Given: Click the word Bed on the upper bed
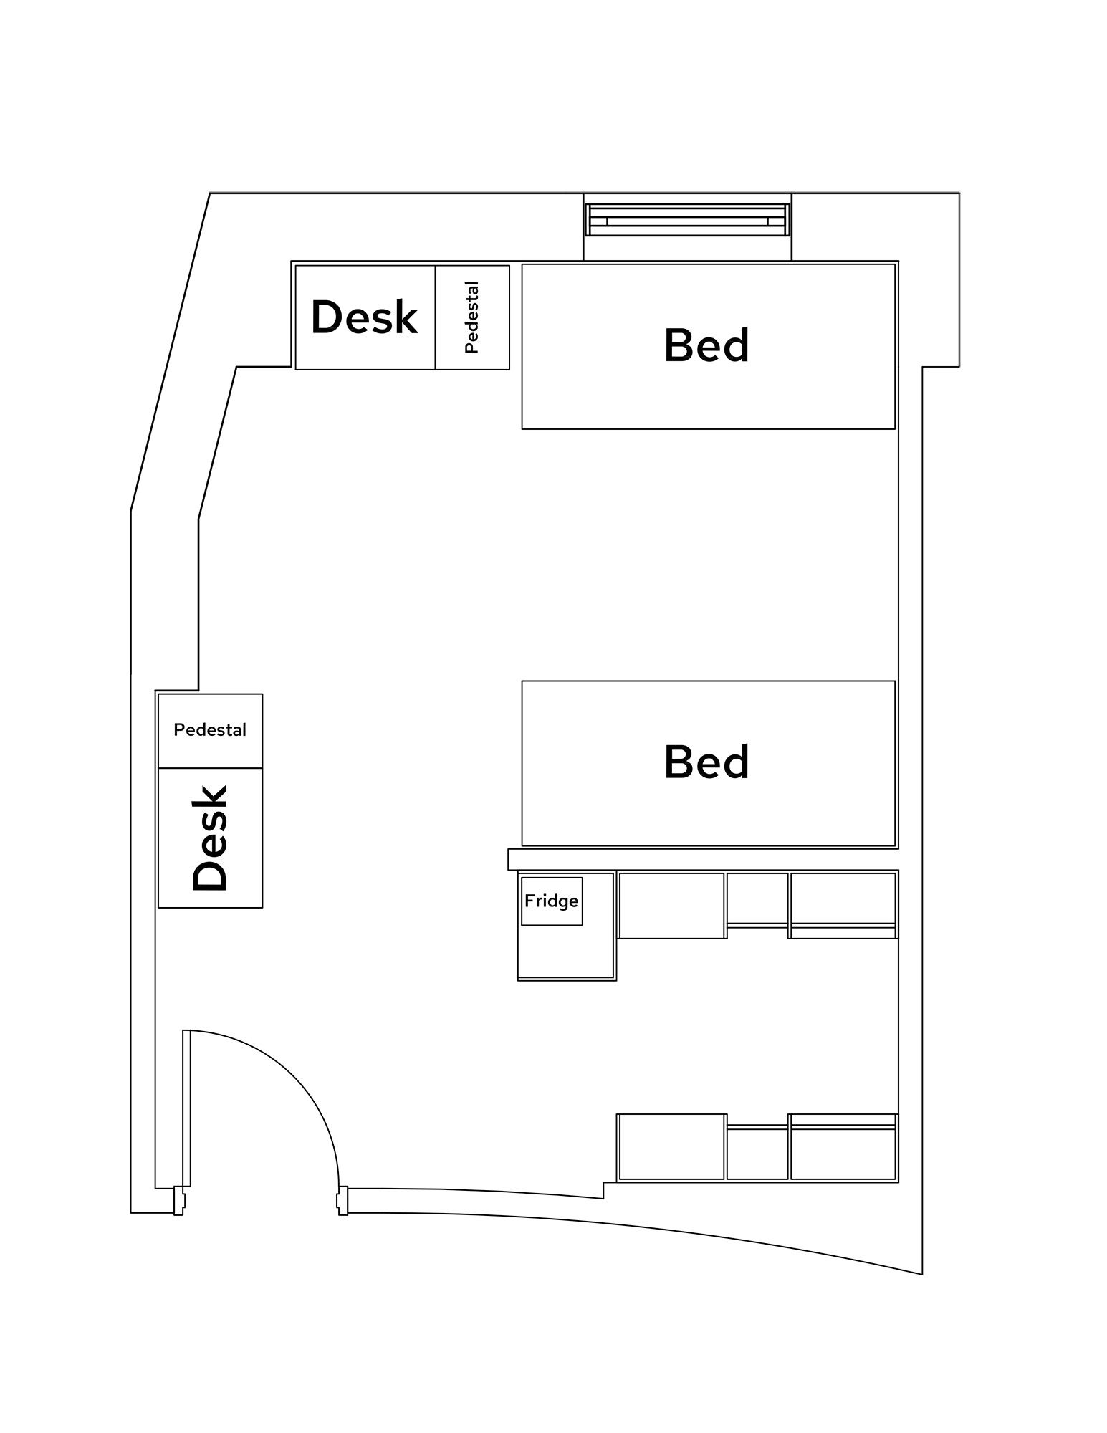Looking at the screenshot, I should (706, 345).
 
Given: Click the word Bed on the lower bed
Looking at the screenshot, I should (706, 762).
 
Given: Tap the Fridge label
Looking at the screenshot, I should (551, 901).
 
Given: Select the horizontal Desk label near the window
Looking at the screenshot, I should (364, 317).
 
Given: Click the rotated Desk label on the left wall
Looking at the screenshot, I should (210, 838).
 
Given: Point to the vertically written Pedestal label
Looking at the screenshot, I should (471, 317).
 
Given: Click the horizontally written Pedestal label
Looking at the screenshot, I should (210, 730).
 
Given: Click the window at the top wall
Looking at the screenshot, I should (687, 220).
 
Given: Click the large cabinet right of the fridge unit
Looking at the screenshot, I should (671, 905).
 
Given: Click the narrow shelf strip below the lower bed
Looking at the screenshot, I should (702, 859).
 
